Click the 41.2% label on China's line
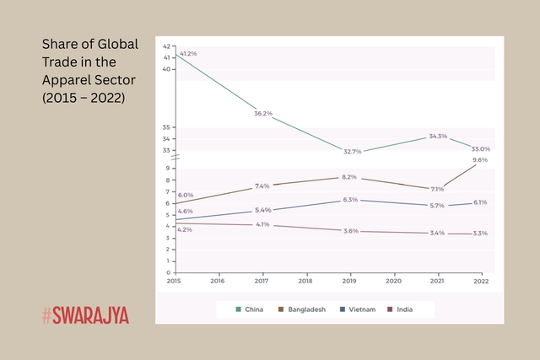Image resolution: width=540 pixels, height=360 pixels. click(187, 53)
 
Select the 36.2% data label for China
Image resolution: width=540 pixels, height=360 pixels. click(263, 113)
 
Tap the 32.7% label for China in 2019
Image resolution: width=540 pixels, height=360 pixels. click(352, 152)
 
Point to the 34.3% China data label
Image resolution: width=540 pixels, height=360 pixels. click(438, 136)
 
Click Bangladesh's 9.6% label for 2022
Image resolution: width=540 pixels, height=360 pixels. click(480, 159)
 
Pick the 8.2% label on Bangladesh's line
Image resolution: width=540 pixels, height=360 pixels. click(349, 177)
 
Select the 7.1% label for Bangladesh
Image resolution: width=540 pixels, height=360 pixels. click(436, 189)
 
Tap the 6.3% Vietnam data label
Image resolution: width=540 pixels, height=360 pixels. click(350, 200)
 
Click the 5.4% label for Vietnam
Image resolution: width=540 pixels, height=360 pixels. click(262, 210)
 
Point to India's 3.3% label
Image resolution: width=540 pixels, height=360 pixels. click(479, 233)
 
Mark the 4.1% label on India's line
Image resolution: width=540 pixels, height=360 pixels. click(262, 224)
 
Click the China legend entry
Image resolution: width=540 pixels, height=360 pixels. click(251, 309)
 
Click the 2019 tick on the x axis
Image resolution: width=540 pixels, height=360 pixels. click(349, 280)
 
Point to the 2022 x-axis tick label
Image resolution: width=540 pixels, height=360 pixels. click(481, 280)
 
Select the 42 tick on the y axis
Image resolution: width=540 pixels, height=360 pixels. click(166, 46)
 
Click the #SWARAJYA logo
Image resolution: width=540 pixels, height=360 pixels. click(85, 316)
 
